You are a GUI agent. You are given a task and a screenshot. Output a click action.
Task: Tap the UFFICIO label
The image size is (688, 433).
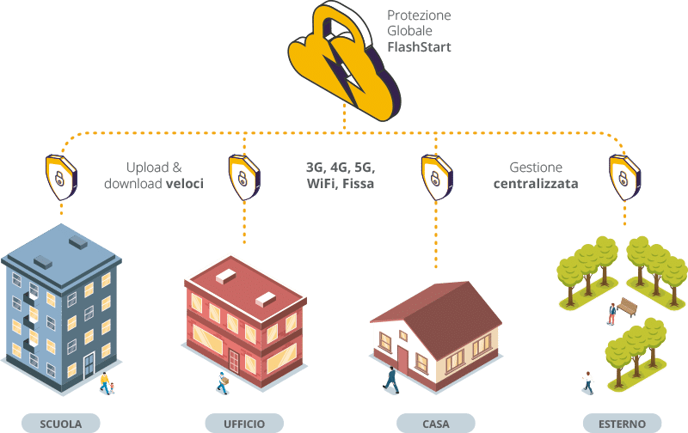pyautogui.click(x=245, y=423)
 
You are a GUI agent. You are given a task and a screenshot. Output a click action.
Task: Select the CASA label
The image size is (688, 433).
pyautogui.click(x=436, y=423)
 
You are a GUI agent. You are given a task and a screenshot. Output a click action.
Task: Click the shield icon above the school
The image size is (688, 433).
pyautogui.click(x=58, y=176)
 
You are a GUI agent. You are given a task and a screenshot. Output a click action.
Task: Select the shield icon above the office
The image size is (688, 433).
pyautogui.click(x=244, y=176)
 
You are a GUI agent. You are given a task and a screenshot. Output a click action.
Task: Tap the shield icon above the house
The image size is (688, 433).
pyautogui.click(x=436, y=176)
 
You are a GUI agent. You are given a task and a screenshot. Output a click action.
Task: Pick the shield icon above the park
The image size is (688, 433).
pyautogui.click(x=624, y=176)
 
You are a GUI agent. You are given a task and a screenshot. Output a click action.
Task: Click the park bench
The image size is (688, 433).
pyautogui.click(x=629, y=308)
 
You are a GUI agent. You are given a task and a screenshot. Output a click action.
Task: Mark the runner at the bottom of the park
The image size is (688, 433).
pyautogui.click(x=588, y=381)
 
